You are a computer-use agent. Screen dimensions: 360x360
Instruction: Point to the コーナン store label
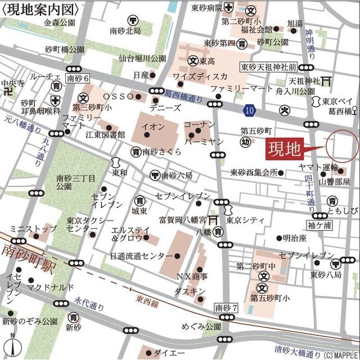199,124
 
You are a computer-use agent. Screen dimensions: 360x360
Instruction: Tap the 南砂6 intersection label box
77,78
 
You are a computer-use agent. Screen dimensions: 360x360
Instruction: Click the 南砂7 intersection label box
226,308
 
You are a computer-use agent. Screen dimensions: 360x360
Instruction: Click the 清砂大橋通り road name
287,346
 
